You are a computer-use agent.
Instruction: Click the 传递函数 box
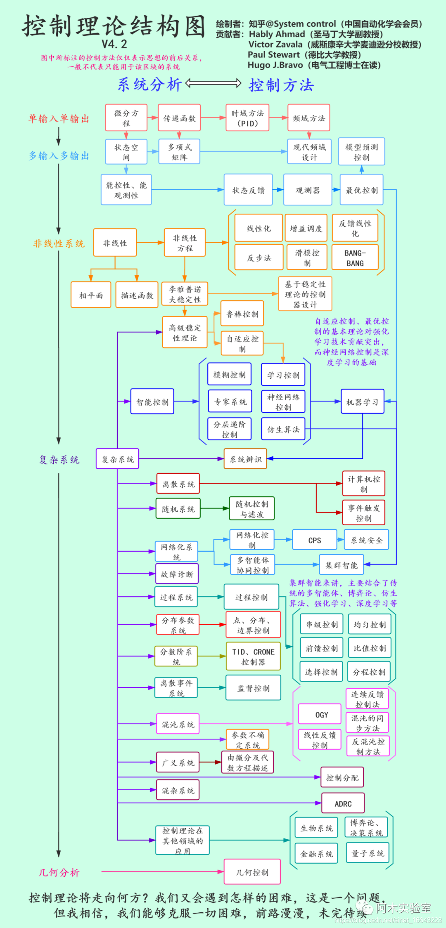tap(179, 118)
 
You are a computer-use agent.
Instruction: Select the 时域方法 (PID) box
tap(247, 118)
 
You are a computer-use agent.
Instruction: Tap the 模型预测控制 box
tap(362, 152)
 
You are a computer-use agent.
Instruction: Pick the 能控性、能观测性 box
tap(126, 190)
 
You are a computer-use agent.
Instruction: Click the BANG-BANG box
tap(355, 258)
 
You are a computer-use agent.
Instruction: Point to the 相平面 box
tap(91, 295)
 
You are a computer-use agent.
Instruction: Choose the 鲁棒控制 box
tap(242, 314)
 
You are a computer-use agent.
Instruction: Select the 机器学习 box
tap(363, 401)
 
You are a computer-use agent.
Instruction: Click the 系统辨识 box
tap(246, 459)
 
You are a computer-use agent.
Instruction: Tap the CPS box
tap(315, 540)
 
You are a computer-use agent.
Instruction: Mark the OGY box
tap(322, 715)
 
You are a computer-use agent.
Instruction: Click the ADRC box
tap(343, 803)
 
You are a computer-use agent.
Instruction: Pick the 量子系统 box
tap(368, 853)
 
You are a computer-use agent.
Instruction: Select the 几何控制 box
tap(252, 872)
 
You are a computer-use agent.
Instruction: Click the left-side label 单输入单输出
tap(59, 119)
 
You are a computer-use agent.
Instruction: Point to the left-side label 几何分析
tap(59, 872)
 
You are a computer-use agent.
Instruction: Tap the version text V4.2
tap(114, 44)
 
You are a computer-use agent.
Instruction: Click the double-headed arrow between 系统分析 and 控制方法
tap(214, 84)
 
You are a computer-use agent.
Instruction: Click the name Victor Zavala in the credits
tap(275, 45)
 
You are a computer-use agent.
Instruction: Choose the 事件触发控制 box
tap(364, 513)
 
